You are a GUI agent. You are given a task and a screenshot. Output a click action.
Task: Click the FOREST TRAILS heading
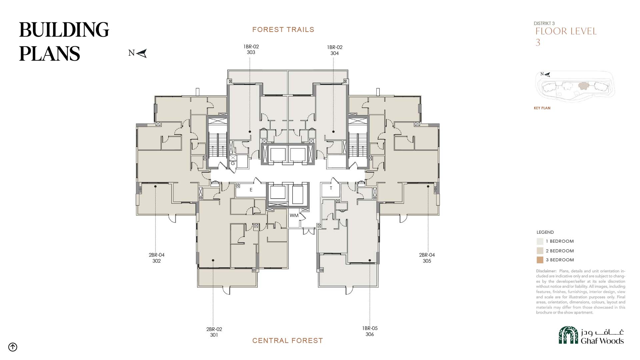[x=283, y=30]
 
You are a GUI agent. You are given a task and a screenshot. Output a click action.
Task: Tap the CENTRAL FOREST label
[x=288, y=341]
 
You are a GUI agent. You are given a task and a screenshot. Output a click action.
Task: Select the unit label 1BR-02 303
[x=251, y=49]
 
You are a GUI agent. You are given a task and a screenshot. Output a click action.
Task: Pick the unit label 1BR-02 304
[x=335, y=50]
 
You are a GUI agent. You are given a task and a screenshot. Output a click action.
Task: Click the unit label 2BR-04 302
[x=157, y=258]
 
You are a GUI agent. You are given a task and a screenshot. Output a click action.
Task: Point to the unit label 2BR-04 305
[x=427, y=258]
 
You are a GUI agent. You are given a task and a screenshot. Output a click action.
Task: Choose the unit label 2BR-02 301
[x=214, y=332]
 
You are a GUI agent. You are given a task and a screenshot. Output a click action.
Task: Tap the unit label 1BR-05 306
[x=370, y=331]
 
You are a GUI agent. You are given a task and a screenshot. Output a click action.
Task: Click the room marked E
[x=251, y=190]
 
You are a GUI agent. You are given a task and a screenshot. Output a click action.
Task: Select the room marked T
[x=331, y=188]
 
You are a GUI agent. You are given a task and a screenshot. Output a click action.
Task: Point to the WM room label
[x=294, y=215]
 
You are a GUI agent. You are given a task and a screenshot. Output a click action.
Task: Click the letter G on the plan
[x=233, y=163]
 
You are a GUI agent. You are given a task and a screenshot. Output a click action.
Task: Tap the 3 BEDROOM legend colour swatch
[x=540, y=260]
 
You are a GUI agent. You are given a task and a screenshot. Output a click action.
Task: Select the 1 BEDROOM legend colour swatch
[x=540, y=241]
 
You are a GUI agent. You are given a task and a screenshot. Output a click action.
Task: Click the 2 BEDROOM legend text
[x=560, y=251]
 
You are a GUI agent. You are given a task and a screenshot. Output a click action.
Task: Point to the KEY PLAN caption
[x=542, y=108]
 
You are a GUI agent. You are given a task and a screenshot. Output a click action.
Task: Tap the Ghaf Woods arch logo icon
[x=568, y=335]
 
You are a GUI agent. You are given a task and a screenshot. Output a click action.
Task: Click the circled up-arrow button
[x=13, y=347]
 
